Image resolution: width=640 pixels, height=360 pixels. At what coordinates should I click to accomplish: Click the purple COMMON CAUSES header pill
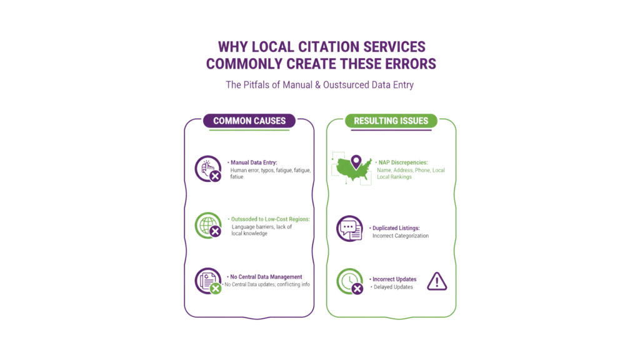249,121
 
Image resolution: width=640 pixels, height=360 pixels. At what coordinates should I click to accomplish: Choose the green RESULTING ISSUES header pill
391,121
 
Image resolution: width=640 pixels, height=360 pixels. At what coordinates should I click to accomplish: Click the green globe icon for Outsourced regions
208,224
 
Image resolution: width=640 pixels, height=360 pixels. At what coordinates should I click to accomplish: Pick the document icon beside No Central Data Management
208,280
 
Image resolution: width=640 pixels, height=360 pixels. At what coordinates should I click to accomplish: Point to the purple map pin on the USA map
356,162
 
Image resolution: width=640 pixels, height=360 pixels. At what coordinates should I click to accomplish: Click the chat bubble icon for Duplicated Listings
348,229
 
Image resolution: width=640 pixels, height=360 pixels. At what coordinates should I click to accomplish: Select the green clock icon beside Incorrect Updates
349,281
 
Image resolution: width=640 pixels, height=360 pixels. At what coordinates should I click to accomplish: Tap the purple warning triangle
437,282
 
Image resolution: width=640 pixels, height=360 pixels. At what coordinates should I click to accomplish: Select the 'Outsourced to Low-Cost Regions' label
271,219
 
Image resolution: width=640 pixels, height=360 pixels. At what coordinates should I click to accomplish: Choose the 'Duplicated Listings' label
396,228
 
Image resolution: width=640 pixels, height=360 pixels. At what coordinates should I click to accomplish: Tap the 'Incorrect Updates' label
394,279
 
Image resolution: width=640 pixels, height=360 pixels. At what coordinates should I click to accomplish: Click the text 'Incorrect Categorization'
400,236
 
